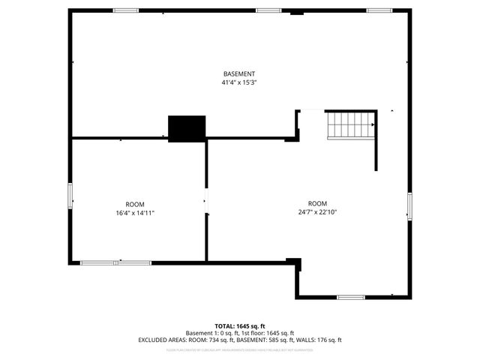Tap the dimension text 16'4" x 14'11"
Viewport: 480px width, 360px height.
135,213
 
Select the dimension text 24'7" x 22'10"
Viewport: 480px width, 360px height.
317,212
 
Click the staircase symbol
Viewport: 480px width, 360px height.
351,125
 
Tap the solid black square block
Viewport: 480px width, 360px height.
187,128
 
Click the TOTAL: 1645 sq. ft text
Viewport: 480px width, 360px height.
240,325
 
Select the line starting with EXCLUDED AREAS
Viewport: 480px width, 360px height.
240,340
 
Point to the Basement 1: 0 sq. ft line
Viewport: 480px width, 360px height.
240,333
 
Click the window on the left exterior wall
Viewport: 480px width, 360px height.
70,196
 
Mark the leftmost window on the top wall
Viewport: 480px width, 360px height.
126,10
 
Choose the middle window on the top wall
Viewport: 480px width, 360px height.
268,10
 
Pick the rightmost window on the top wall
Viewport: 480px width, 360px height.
379,10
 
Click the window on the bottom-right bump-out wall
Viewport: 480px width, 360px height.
350,297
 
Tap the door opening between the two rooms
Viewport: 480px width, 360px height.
206,201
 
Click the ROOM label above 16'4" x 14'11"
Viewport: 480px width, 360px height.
135,204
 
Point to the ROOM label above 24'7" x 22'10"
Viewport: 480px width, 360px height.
317,203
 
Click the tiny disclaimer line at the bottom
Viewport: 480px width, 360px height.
240,349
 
